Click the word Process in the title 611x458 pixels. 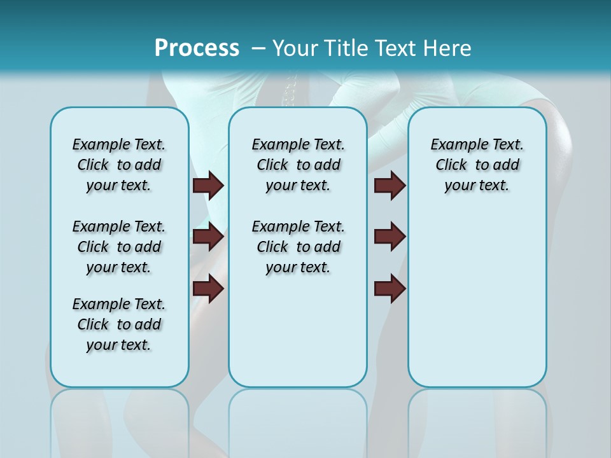click(197, 48)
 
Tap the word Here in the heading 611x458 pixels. click(447, 48)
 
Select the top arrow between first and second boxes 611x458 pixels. click(208, 186)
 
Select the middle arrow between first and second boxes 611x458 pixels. click(208, 237)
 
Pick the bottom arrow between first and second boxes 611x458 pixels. click(208, 289)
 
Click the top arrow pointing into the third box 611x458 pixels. click(390, 186)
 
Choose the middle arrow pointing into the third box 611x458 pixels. click(390, 237)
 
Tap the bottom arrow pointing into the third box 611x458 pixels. click(390, 289)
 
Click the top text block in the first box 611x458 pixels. click(119, 165)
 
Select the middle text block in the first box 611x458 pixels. click(119, 247)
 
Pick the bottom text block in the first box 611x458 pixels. click(119, 324)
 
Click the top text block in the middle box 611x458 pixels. click(298, 165)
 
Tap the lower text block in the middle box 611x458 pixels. click(298, 247)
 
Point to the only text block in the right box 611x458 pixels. click(477, 165)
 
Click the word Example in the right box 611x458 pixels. click(454, 144)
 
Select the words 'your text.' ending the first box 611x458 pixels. click(119, 345)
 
